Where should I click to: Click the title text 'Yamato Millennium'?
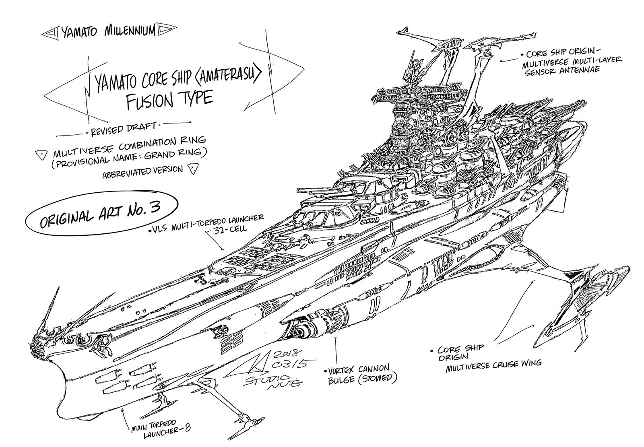tap(108, 32)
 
